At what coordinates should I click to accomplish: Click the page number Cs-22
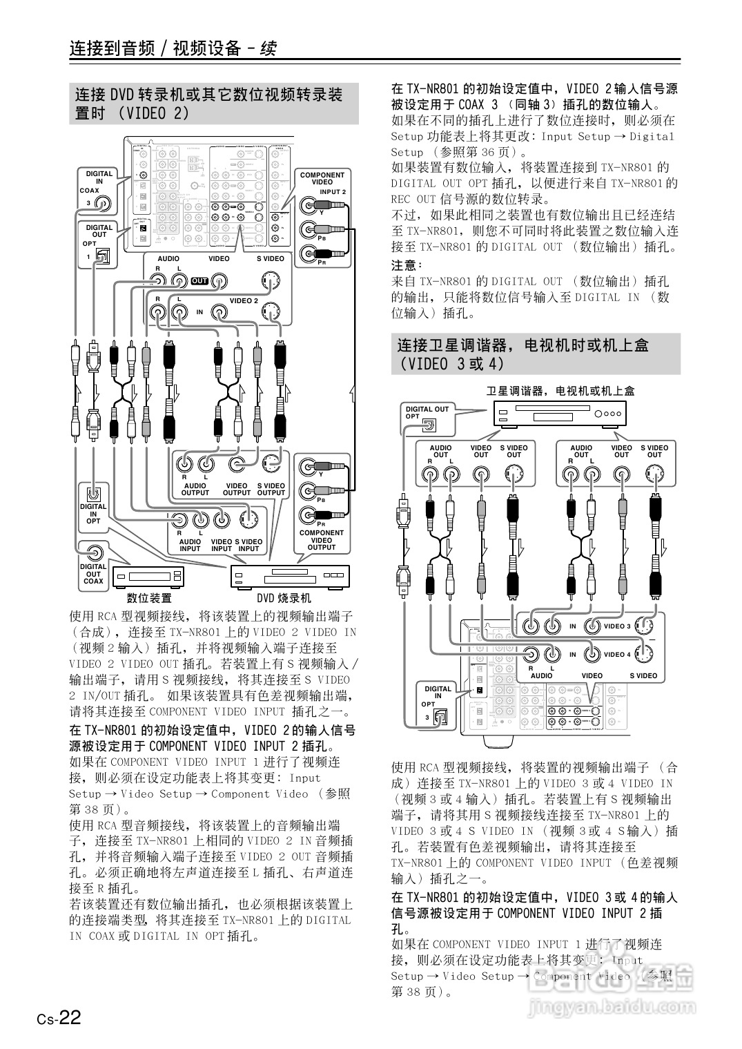point(59,1018)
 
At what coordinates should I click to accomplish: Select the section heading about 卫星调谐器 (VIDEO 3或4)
point(523,354)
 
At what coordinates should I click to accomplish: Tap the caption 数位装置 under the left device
point(149,598)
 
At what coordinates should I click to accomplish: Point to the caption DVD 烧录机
point(284,598)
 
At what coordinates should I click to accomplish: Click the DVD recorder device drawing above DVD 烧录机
point(290,575)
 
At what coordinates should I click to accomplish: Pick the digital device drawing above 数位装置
point(147,576)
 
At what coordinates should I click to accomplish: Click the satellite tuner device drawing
point(560,414)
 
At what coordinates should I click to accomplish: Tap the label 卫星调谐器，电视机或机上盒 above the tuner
point(560,391)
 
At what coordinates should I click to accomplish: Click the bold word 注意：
point(407,265)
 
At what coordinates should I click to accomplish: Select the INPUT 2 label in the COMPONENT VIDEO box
point(333,192)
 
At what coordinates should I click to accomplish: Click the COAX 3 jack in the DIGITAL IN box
point(102,203)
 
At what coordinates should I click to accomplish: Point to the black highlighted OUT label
point(199,281)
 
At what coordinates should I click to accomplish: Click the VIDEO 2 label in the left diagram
point(244,301)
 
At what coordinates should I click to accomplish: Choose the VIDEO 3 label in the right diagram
point(617,626)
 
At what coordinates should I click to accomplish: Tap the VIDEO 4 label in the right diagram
point(617,654)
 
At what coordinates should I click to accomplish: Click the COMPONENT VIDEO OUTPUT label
point(322,540)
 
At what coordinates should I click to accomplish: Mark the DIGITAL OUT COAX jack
point(94,552)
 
